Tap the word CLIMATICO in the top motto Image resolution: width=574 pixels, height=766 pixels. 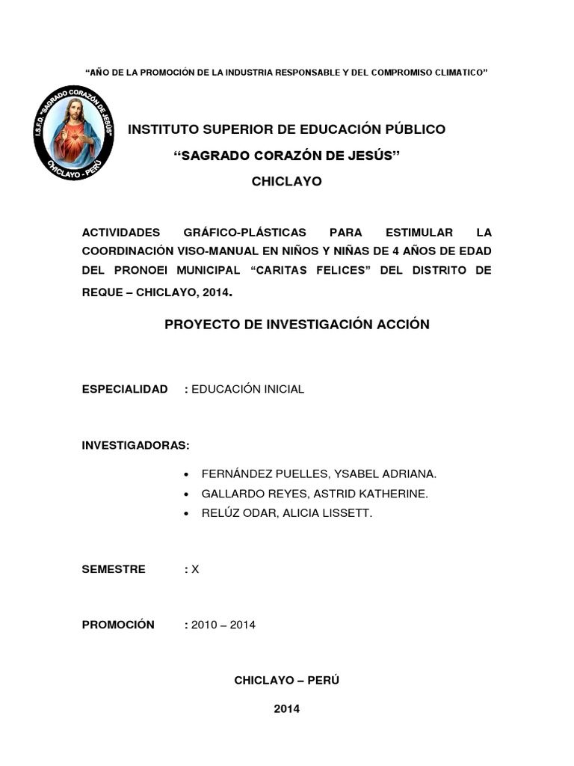458,73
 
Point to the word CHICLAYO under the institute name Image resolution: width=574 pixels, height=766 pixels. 286,181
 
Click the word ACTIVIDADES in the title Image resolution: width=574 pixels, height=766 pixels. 121,231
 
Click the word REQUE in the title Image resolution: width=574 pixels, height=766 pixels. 102,292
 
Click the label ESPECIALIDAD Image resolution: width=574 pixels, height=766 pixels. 125,390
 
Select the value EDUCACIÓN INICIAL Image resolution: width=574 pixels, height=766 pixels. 248,390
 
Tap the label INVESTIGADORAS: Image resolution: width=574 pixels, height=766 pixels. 136,445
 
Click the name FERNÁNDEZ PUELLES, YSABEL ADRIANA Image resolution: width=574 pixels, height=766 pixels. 319,474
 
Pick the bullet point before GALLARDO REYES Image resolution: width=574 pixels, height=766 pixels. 186,494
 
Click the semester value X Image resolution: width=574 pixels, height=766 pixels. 195,569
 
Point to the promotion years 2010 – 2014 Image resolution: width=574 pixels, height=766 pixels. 223,625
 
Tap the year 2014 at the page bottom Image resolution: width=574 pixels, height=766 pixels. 286,708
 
